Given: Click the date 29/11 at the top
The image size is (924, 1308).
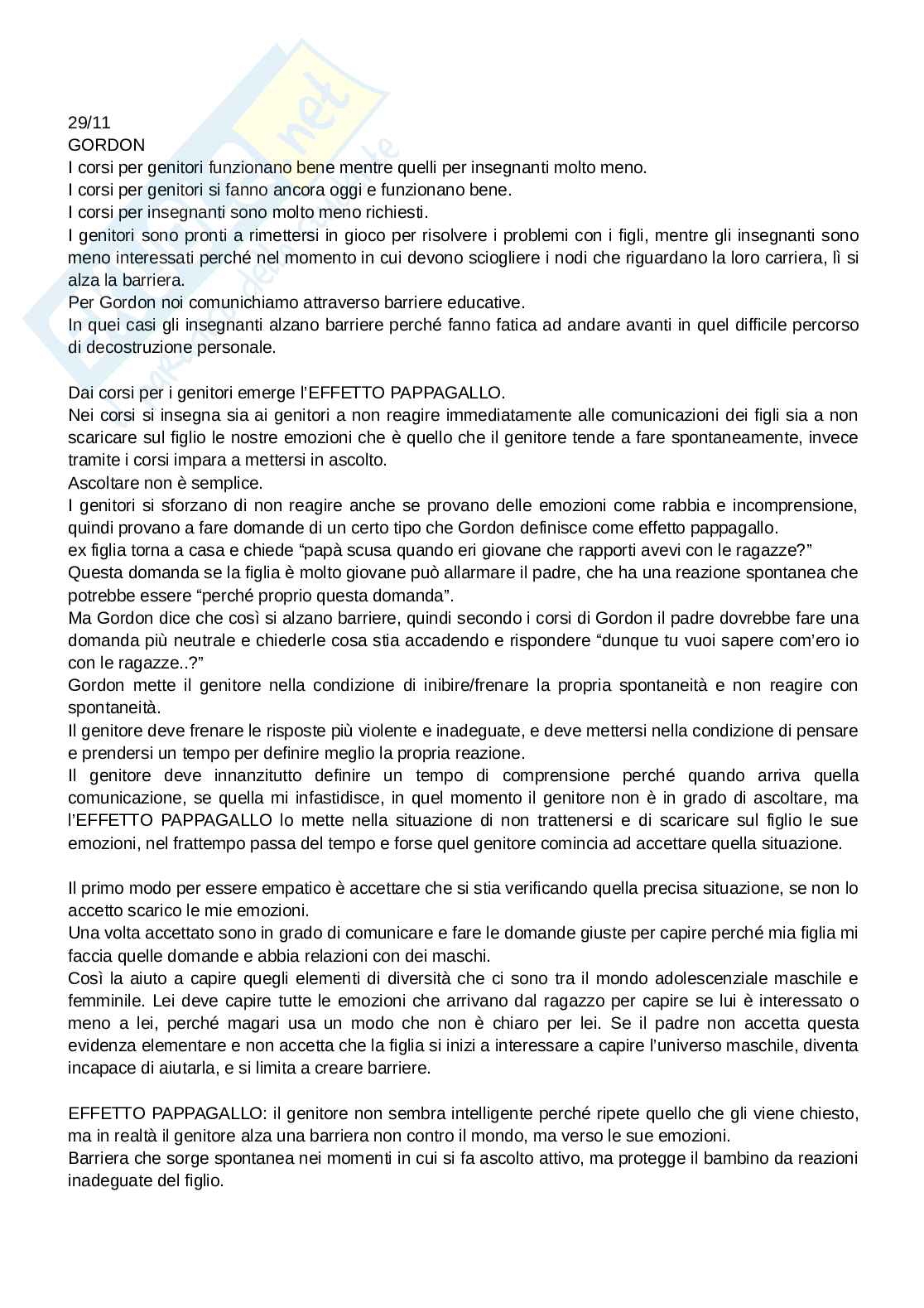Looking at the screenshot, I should (89, 123).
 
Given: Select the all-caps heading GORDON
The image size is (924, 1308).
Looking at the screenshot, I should (106, 145).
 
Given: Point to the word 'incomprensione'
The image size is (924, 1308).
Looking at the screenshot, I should (801, 505).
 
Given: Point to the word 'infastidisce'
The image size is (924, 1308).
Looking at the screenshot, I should (378, 798).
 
